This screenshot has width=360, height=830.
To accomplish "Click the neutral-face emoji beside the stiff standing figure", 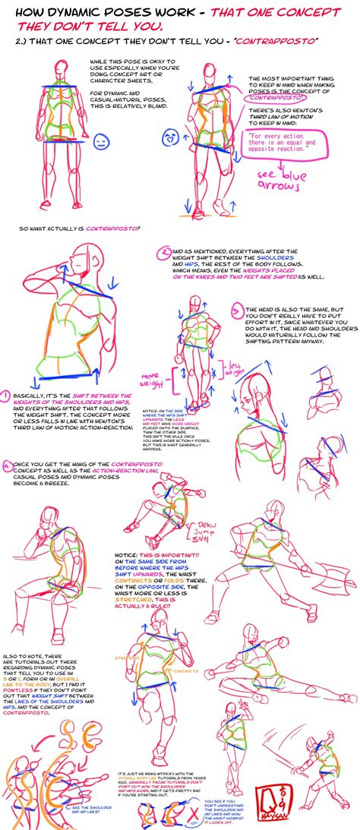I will (x=99, y=142).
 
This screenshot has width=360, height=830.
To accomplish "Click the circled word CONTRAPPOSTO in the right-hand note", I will (x=274, y=98).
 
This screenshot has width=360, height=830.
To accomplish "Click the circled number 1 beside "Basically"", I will (x=5, y=396).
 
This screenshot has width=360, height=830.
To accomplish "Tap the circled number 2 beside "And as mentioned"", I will (x=166, y=252).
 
